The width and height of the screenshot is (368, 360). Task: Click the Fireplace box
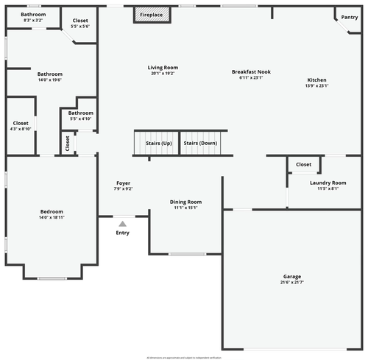tap(152, 15)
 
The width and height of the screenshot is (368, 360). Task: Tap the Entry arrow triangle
tap(122, 224)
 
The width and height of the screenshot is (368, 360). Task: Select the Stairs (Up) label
tap(158, 143)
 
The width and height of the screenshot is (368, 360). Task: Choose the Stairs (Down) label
tap(200, 143)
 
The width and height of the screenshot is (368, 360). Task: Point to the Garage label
tap(292, 276)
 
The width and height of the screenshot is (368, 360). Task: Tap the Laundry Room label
tap(328, 183)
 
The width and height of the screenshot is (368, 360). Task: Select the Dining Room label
tap(185, 202)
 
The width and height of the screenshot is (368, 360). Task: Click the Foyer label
tap(124, 183)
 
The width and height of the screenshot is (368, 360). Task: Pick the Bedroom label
tap(52, 211)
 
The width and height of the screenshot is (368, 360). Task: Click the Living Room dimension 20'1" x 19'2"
tap(163, 74)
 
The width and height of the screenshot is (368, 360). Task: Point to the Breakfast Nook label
tap(251, 71)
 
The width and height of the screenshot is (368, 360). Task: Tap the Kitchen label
tap(316, 80)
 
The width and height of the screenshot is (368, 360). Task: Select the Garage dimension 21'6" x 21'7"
tap(292, 282)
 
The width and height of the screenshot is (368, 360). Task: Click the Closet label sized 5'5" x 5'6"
tap(80, 21)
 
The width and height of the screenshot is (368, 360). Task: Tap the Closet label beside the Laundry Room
tap(303, 164)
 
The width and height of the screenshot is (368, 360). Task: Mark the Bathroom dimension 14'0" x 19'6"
tap(50, 80)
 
